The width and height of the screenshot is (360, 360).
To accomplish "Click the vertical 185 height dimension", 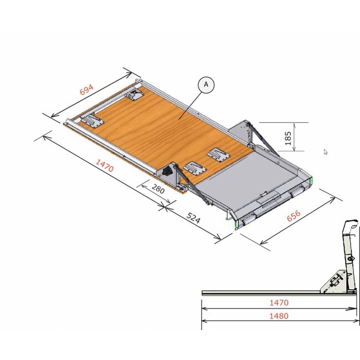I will [288, 138].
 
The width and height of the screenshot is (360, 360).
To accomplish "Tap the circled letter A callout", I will [206, 85].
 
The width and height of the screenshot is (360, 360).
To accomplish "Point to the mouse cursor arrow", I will [326, 151].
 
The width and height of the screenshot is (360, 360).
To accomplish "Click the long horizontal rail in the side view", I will [260, 291].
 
